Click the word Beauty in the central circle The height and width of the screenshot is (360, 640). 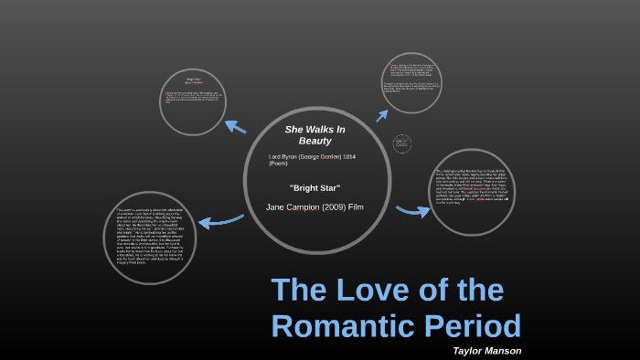pyautogui.click(x=315, y=141)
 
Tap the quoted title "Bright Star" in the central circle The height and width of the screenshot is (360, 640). pyautogui.click(x=315, y=188)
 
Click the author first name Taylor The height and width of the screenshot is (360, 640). pyautogui.click(x=472, y=350)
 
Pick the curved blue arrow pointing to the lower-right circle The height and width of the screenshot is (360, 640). pyautogui.click(x=412, y=211)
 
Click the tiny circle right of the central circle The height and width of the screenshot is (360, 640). pyautogui.click(x=402, y=144)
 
